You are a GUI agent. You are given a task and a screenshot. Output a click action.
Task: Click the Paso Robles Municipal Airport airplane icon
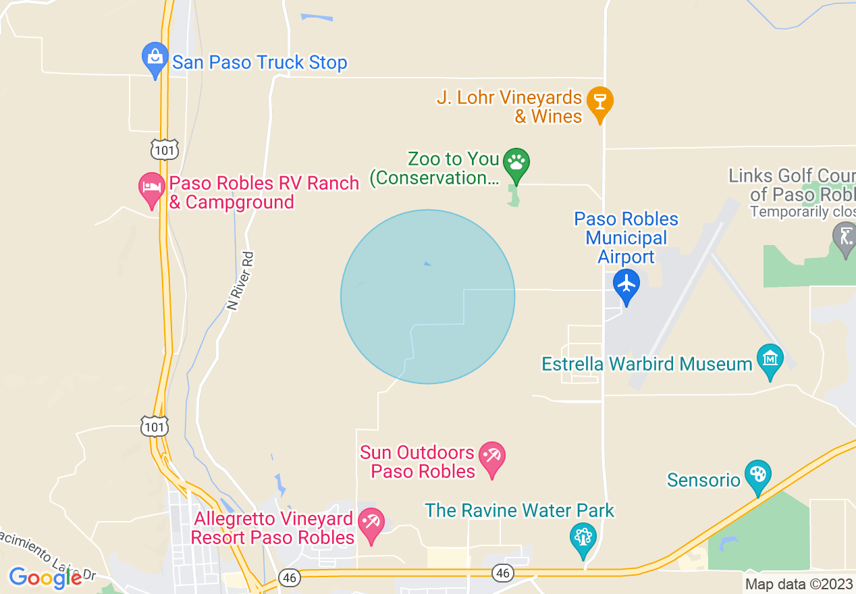pos(627,283)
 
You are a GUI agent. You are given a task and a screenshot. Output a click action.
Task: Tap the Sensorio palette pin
pos(757,475)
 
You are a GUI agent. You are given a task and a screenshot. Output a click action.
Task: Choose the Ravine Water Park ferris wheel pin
pos(582,537)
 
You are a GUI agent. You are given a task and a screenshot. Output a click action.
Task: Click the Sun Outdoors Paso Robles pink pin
pos(491,458)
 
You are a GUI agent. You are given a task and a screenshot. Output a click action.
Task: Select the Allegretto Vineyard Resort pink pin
pos(371,524)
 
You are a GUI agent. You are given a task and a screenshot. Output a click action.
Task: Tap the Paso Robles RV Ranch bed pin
pos(152,188)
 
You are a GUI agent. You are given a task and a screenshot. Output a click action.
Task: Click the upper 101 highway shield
pos(165,150)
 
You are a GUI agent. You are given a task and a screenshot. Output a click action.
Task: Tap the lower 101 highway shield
pos(155,426)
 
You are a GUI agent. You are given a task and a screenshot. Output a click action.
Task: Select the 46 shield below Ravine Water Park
pos(502,573)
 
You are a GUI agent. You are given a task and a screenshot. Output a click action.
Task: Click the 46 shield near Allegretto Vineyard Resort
pos(290,578)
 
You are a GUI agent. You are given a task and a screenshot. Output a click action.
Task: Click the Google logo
pos(45,578)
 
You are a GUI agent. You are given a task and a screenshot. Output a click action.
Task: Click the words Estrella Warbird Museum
pos(647,364)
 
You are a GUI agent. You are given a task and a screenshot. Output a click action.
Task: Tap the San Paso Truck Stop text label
pos(260,63)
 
